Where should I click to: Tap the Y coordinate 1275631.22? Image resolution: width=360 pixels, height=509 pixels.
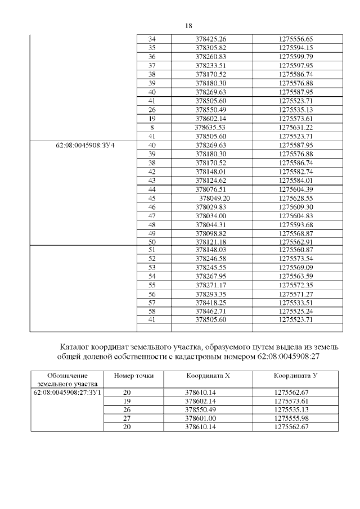click(x=296, y=128)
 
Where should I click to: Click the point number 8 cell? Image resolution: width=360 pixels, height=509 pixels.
click(x=152, y=128)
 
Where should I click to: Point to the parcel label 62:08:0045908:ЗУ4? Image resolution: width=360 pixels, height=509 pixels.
click(x=86, y=145)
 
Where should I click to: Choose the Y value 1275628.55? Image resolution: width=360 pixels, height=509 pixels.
click(x=296, y=198)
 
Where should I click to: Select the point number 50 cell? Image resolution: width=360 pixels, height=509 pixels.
click(x=152, y=242)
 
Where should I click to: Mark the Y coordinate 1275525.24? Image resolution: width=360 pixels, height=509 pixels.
click(x=296, y=311)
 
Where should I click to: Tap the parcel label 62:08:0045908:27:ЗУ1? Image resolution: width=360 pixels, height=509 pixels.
click(x=67, y=391)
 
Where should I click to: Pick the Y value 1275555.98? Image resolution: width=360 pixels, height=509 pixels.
click(x=296, y=418)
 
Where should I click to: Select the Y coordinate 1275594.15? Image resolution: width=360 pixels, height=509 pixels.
click(x=296, y=48)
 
